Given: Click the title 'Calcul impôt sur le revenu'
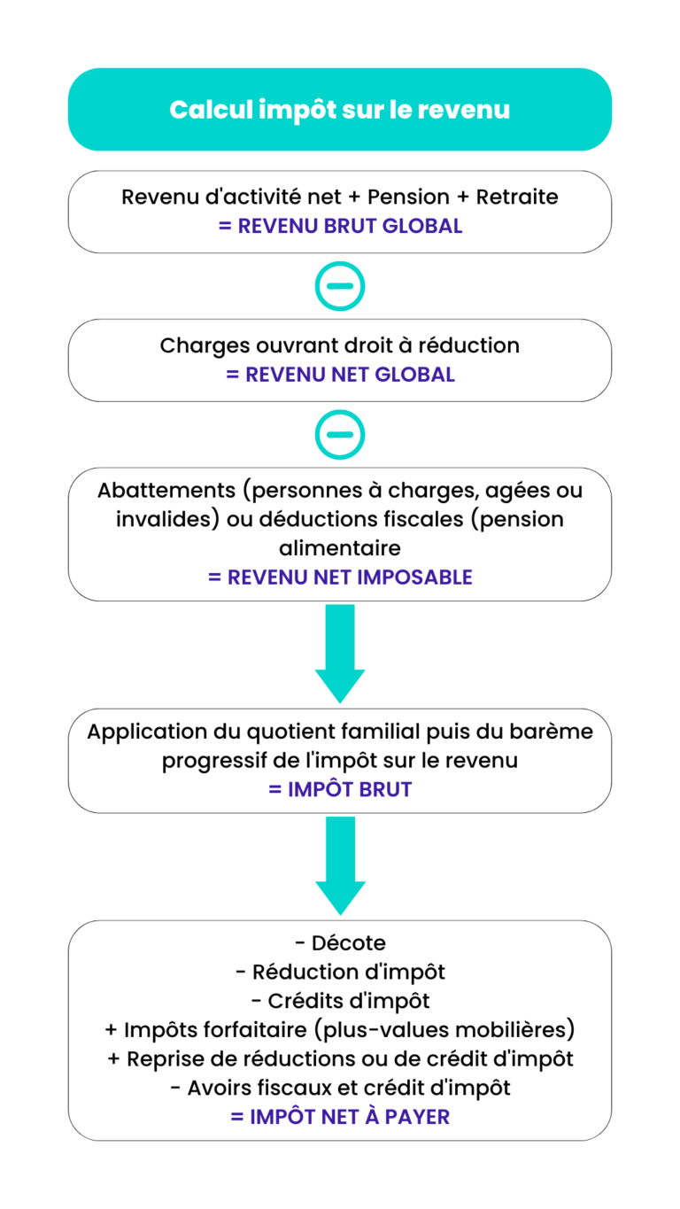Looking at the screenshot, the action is tap(340, 110).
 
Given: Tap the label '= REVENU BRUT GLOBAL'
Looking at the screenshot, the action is tap(340, 226).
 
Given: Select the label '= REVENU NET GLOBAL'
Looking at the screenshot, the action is tap(340, 375).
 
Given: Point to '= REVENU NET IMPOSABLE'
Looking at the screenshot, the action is tap(340, 577).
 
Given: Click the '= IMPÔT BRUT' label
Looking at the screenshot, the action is tap(340, 790).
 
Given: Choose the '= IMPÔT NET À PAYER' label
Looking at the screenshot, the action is tap(340, 1117).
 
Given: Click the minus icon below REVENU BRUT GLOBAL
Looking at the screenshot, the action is tap(340, 286).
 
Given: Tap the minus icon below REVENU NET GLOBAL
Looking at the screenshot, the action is tap(340, 435).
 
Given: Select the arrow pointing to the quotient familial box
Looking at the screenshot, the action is tap(340, 654).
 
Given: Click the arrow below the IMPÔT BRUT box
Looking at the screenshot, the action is tap(340, 865).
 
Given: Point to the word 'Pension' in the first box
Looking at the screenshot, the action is tap(408, 197).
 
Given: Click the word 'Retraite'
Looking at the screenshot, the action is tap(517, 197).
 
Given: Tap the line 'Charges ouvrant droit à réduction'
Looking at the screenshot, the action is tap(340, 346).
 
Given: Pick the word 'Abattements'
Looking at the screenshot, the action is tap(166, 490).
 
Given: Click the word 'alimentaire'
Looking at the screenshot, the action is tap(340, 548).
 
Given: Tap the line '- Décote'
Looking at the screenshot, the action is tap(340, 943).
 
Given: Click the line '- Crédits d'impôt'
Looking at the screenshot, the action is tap(340, 1001).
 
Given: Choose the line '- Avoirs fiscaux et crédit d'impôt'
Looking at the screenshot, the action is tap(340, 1088).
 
